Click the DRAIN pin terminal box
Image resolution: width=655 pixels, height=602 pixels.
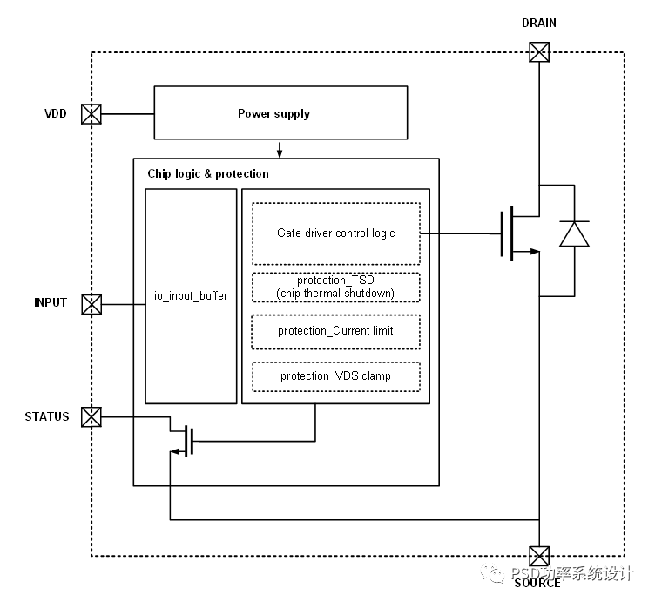(x=540, y=52)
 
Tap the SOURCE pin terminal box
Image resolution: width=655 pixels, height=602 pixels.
(x=540, y=556)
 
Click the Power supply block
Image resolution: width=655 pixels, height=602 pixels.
(x=280, y=113)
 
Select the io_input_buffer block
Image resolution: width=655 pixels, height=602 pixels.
(x=191, y=296)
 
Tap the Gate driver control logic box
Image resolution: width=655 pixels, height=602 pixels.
(x=335, y=233)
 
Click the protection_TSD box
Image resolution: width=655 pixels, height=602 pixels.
(x=335, y=287)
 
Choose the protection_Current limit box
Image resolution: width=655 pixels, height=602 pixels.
(x=335, y=331)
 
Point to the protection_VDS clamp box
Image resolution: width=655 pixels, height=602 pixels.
(x=335, y=376)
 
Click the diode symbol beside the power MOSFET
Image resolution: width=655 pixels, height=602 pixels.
(x=574, y=234)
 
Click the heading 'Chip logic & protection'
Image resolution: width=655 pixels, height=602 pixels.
(x=208, y=173)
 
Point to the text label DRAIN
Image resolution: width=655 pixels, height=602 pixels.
(x=539, y=23)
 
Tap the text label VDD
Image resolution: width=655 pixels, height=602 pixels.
(x=56, y=114)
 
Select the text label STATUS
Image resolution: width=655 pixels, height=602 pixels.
(x=47, y=416)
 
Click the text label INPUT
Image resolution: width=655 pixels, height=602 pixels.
(x=51, y=303)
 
